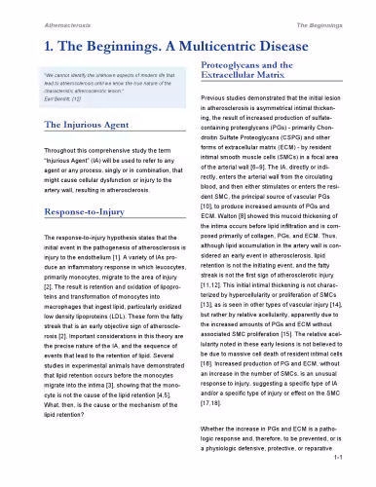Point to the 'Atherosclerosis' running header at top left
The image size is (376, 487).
point(45,19)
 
